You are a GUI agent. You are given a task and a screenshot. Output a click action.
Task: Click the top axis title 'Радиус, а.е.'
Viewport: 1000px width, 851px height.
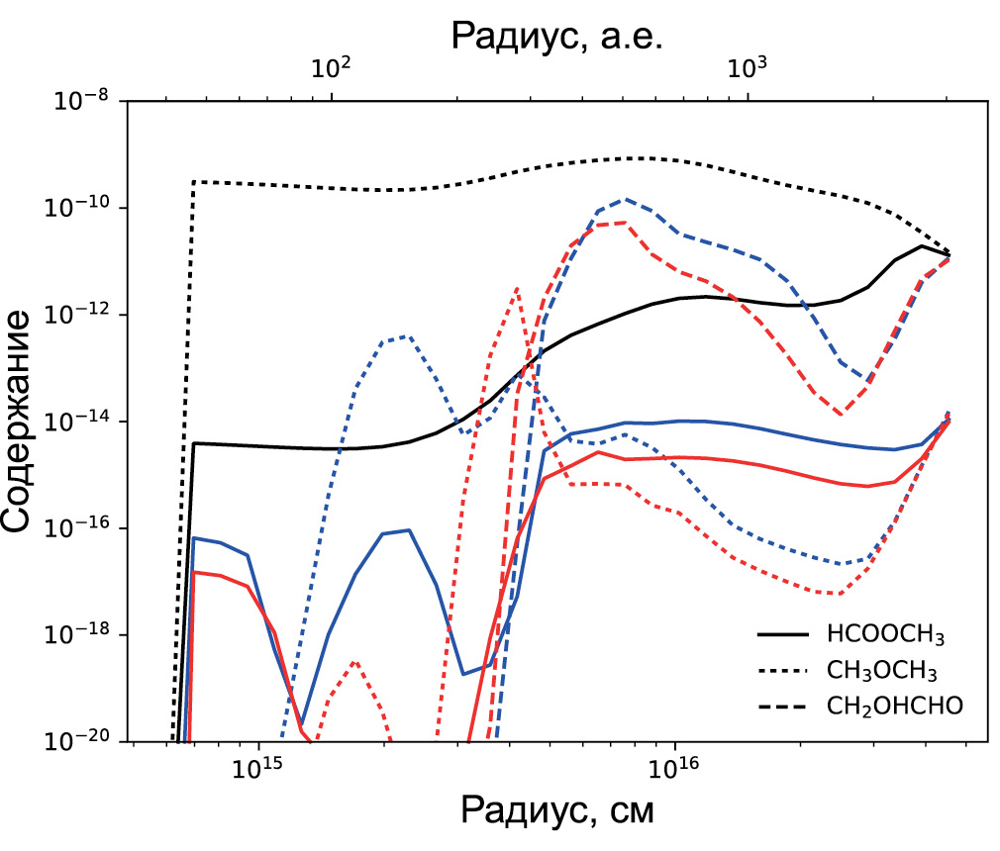tap(556, 36)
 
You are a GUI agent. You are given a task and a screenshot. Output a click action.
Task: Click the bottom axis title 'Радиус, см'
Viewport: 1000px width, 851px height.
tap(556, 811)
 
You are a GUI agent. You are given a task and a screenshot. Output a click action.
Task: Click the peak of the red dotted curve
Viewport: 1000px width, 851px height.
tap(517, 288)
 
